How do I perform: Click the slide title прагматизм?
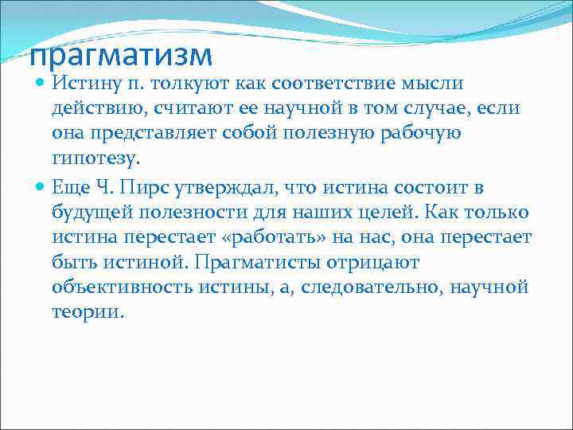121,55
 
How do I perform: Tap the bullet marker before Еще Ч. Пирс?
41,187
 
